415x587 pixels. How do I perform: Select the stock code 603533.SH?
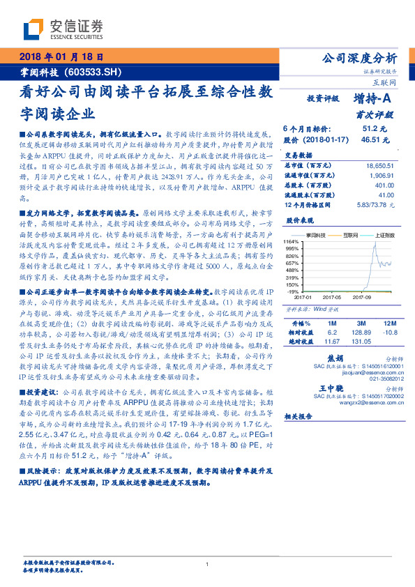[93, 71]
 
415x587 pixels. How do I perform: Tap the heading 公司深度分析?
[357, 58]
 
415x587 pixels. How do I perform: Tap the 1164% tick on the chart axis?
[292, 241]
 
